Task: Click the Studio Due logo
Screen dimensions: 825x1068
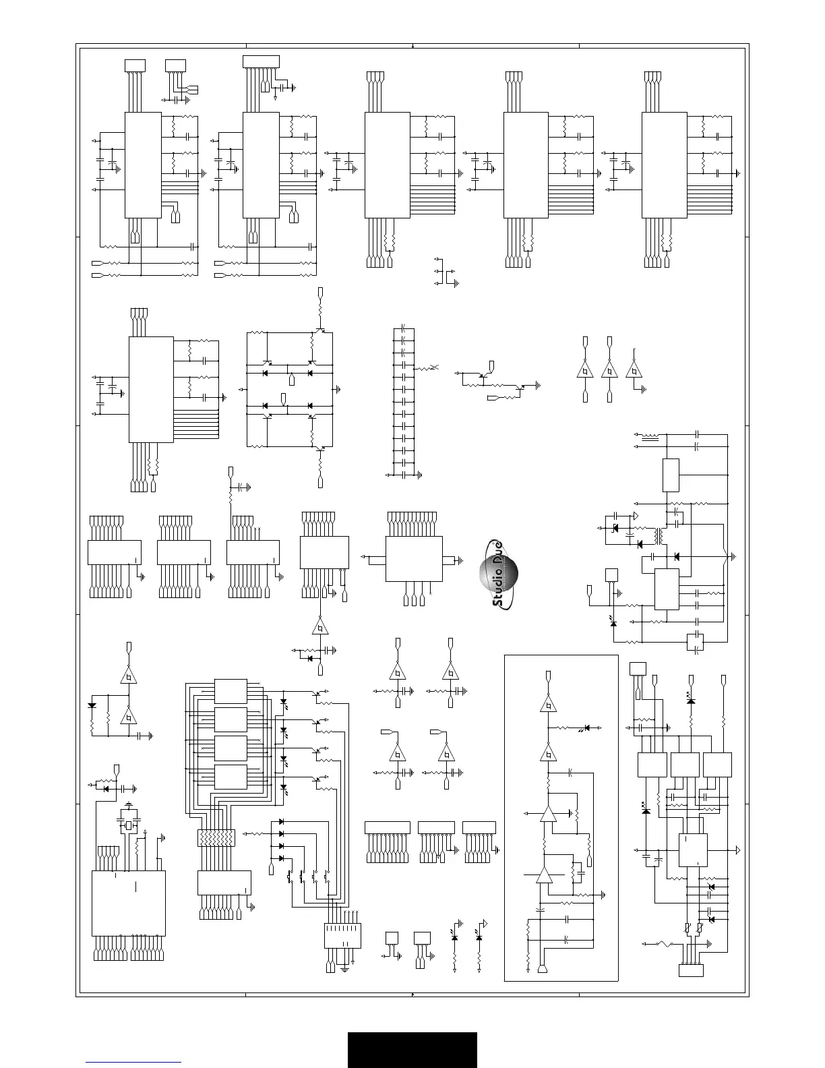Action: click(x=499, y=574)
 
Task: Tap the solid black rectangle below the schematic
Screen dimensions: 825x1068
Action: click(x=412, y=1049)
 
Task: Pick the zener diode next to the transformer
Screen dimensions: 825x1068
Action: click(x=615, y=527)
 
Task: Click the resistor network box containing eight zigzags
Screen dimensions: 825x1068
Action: click(x=215, y=838)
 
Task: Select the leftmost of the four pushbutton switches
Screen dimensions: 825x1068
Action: click(x=291, y=877)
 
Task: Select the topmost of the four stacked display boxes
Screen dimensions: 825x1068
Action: click(x=231, y=690)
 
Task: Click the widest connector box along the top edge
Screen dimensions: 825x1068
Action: click(x=261, y=62)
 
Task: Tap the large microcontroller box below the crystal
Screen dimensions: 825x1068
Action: click(x=128, y=902)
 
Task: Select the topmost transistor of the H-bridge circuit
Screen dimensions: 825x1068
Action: click(x=319, y=332)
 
